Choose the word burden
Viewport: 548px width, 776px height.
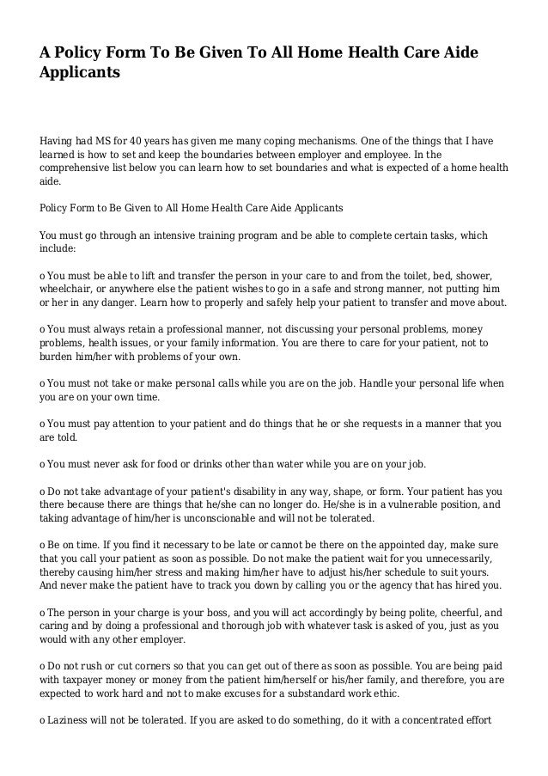58,356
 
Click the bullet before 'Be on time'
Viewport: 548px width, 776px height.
43,546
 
